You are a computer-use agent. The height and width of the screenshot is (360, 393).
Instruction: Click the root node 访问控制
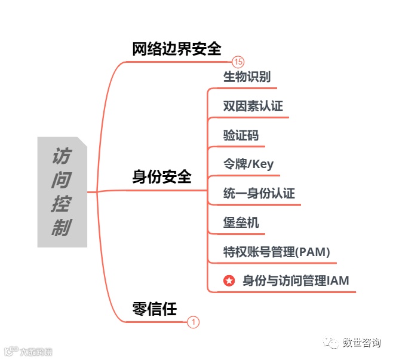tap(62, 192)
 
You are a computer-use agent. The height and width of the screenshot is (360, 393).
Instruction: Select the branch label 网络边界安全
tap(177, 49)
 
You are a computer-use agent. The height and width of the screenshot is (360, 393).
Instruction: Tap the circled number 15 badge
tap(239, 62)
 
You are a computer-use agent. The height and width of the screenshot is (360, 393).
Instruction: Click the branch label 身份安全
tap(162, 177)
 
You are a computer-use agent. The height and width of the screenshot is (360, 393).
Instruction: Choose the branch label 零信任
tap(155, 309)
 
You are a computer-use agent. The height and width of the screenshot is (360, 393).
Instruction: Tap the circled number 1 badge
tap(193, 322)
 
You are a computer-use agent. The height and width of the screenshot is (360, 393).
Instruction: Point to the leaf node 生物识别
tap(247, 77)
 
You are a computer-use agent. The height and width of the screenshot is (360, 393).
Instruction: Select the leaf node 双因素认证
tap(253, 106)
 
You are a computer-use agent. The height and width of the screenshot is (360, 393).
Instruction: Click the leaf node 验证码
tap(241, 135)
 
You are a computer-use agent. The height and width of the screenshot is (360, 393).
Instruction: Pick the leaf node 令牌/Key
tap(248, 164)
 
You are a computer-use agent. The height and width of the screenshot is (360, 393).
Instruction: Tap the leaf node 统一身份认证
tap(259, 194)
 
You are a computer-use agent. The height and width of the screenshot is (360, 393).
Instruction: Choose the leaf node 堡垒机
tap(241, 222)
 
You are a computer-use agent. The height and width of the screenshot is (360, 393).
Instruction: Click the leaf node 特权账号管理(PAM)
tap(276, 251)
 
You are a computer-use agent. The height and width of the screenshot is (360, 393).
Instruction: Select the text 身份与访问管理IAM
tap(296, 280)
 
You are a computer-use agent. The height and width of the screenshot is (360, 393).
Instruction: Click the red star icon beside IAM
tap(229, 280)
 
